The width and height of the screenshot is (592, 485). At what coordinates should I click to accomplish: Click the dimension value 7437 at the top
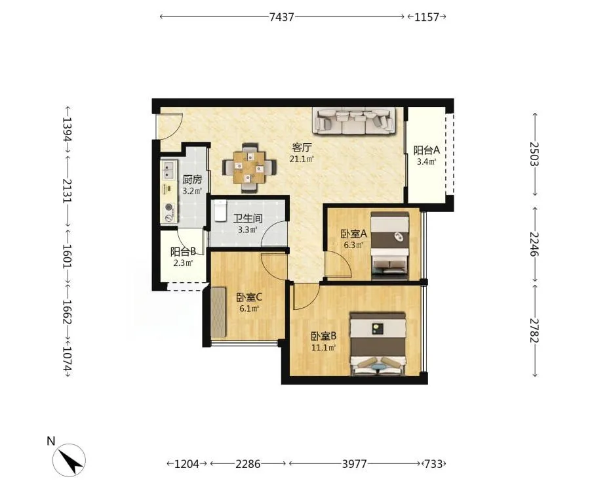[282, 17]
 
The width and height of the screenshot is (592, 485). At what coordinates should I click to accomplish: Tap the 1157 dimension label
[427, 17]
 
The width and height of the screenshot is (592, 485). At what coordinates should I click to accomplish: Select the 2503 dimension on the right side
[534, 154]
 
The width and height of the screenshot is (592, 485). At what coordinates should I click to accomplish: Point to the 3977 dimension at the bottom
[355, 464]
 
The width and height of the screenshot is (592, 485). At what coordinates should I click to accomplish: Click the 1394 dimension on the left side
[68, 129]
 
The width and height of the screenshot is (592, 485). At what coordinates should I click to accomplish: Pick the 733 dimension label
[433, 464]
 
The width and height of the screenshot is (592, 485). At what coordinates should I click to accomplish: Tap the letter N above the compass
[51, 441]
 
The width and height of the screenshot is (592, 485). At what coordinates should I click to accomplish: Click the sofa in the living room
[354, 121]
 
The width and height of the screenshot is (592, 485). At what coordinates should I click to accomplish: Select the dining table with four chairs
[249, 167]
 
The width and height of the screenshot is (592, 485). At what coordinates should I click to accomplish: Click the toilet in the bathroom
[220, 211]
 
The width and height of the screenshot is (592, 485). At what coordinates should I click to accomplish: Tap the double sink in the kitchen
[169, 170]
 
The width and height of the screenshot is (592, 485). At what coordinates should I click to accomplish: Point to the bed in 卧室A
[390, 245]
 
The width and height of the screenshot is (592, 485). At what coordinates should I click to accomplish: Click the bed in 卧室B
[378, 344]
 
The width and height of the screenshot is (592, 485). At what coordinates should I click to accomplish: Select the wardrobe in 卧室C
[218, 312]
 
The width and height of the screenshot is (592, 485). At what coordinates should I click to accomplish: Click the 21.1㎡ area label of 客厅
[302, 159]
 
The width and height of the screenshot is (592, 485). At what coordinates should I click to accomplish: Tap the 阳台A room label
[427, 150]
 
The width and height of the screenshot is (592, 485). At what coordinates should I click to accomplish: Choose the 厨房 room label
[192, 180]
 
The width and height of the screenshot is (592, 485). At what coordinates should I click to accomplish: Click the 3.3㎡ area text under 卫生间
[248, 230]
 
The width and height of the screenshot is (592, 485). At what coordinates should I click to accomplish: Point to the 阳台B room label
[183, 252]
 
